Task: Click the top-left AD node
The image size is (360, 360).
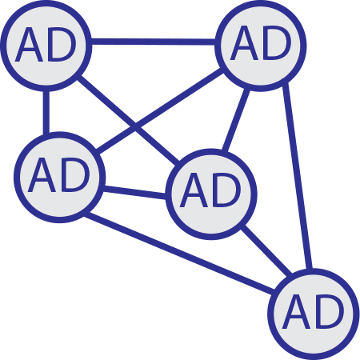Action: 46,46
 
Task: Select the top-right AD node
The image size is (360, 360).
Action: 261,46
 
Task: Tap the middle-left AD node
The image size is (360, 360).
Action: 59,177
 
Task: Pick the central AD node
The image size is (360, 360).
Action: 211,194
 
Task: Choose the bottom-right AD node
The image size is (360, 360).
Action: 314,314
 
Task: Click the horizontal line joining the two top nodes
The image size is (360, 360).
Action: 154,42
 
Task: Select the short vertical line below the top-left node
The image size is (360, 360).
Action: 46,112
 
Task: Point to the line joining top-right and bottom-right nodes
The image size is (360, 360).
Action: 298,176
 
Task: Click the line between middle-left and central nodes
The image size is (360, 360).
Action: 134,192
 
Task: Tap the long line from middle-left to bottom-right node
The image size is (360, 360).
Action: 179,252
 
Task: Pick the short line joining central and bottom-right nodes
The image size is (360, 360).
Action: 266,251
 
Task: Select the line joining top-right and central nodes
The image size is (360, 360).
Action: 236,120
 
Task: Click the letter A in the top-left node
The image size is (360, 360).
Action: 29,46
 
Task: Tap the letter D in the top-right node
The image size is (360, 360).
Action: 277,43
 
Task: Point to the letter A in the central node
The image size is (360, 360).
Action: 194,191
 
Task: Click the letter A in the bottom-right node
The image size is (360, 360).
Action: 296,313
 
